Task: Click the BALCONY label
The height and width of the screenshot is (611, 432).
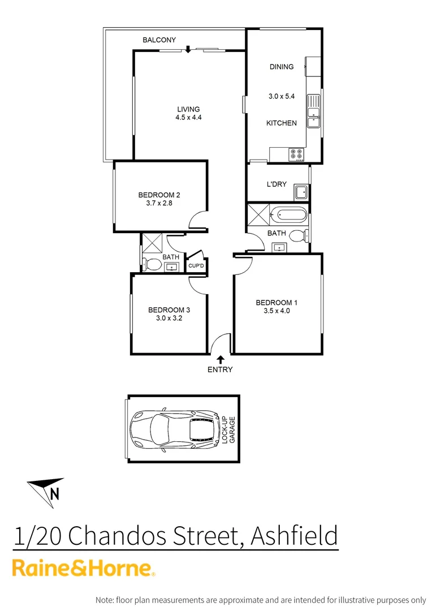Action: tap(159, 40)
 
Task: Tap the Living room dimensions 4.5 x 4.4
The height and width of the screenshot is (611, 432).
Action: tap(188, 118)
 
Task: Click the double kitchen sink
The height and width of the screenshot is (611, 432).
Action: tap(313, 112)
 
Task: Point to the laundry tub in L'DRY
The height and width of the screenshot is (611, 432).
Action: tap(300, 192)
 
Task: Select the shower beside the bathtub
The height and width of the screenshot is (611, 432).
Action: tap(258, 214)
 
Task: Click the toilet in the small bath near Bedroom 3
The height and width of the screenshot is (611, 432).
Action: tap(151, 264)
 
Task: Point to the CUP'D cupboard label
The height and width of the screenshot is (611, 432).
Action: tap(196, 265)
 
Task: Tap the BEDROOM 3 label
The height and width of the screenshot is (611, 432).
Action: tap(169, 309)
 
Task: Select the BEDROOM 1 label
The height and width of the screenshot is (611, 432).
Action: tap(277, 303)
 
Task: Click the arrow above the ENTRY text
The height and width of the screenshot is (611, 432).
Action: tap(220, 358)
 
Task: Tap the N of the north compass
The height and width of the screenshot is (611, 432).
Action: tap(55, 493)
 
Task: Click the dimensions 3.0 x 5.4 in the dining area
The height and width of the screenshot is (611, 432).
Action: tap(281, 97)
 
